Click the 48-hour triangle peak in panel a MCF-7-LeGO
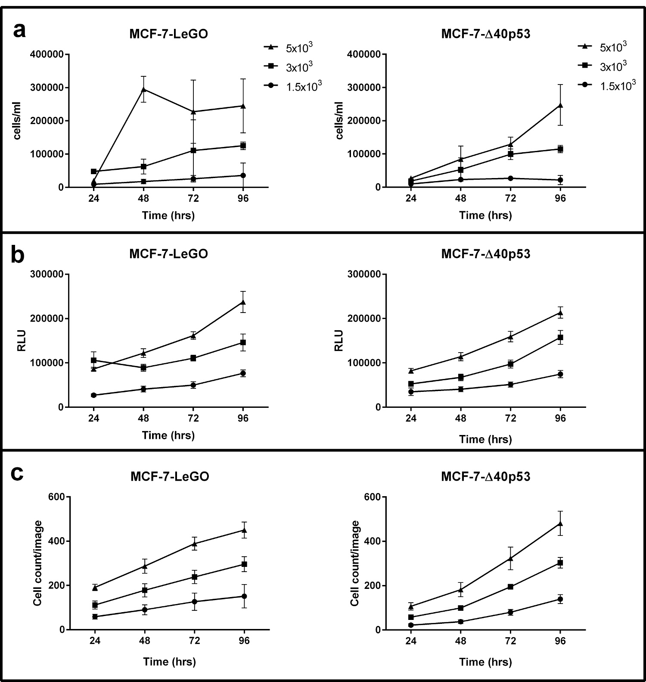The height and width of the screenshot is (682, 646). (143, 89)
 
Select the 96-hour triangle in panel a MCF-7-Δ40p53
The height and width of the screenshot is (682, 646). (560, 105)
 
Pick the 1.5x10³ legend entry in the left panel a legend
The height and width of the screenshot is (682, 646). (293, 86)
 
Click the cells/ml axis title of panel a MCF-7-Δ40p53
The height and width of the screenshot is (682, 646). (339, 121)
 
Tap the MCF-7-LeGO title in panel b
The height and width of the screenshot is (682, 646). (168, 253)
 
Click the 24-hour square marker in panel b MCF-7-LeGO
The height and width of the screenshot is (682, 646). (94, 360)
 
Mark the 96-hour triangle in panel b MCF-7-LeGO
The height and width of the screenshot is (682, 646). (243, 302)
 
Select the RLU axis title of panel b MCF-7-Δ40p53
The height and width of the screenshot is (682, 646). (339, 341)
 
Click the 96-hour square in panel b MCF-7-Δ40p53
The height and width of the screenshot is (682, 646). (560, 338)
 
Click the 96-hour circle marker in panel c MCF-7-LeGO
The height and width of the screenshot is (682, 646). (244, 596)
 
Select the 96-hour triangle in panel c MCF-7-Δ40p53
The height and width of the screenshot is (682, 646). (560, 523)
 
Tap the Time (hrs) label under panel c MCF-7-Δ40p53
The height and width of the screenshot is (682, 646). (485, 661)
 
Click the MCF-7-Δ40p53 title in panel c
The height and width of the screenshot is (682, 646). (485, 476)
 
